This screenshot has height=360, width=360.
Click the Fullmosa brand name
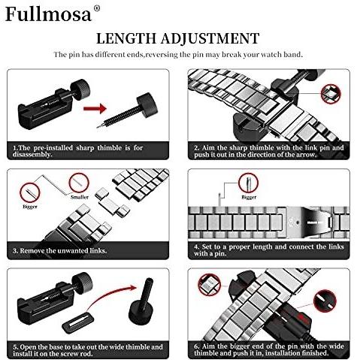tap(49, 14)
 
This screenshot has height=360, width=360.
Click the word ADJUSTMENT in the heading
tap(210, 38)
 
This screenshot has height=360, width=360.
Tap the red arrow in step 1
tap(95, 108)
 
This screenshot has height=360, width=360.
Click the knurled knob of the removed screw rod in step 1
tap(147, 103)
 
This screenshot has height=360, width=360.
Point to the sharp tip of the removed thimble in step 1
tap(98, 127)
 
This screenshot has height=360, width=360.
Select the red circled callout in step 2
tap(331, 94)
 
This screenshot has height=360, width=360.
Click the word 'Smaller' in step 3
tap(80, 197)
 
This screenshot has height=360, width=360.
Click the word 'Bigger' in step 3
tap(30, 207)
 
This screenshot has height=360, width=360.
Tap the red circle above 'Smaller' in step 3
tap(79, 183)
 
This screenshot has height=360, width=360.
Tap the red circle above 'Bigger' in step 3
tap(30, 192)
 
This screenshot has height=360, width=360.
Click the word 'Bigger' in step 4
tap(249, 197)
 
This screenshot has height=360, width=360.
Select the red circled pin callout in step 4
tap(248, 183)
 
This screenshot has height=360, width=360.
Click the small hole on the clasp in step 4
tap(298, 222)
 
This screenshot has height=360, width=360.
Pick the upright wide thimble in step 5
tap(141, 303)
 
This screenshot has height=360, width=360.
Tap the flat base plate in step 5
tap(78, 324)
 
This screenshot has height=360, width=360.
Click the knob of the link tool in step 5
tap(82, 283)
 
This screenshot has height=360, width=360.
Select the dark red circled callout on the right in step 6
tap(325, 301)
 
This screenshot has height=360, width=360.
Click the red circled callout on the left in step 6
tap(209, 285)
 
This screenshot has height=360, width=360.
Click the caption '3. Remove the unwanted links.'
tap(60, 251)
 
